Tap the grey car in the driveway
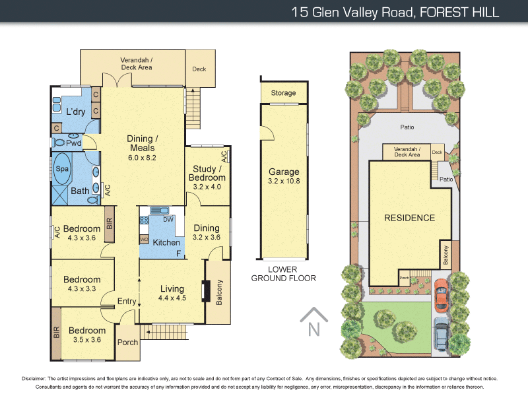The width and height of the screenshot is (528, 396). (x=442, y=335)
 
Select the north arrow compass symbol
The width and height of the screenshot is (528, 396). (x=313, y=322)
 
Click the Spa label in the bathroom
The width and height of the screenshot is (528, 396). (x=62, y=169)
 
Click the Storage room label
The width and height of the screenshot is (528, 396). (x=284, y=93)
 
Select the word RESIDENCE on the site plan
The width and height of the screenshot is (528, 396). (x=410, y=218)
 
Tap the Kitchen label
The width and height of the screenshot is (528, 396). (x=166, y=243)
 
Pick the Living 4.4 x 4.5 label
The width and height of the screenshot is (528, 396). (x=172, y=292)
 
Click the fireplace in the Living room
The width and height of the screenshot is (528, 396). (x=205, y=291)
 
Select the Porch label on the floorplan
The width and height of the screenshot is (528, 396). (x=127, y=343)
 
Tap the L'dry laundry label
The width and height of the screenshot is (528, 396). (x=75, y=112)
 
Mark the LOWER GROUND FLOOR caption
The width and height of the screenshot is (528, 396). (x=284, y=274)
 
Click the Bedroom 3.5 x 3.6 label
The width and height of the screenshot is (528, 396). (x=87, y=335)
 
